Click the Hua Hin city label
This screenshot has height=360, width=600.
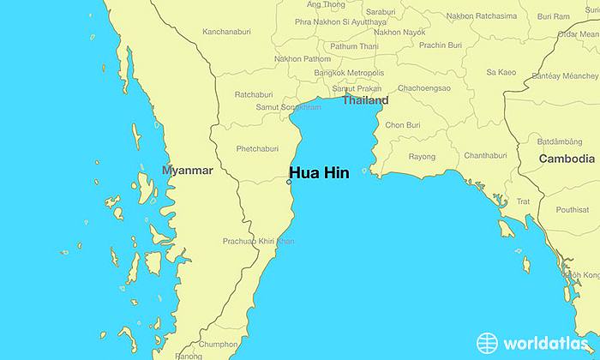pyautogui.click(x=319, y=171)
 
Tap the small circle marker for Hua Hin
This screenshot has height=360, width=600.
pyautogui.click(x=289, y=182)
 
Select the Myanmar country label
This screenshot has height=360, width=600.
pyautogui.click(x=187, y=171)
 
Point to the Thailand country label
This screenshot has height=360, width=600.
pyautogui.click(x=365, y=100)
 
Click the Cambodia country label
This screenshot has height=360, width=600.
pyautogui.click(x=567, y=159)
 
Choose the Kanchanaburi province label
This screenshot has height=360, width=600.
pyautogui.click(x=226, y=32)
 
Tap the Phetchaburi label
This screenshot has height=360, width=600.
pyautogui.click(x=258, y=148)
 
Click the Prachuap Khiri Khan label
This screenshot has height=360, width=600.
pyautogui.click(x=258, y=241)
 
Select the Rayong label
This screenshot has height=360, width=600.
pyautogui.click(x=421, y=157)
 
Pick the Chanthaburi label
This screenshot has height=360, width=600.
pyautogui.click(x=485, y=155)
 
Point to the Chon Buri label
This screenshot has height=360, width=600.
pyautogui.click(x=403, y=125)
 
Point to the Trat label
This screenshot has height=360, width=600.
pyautogui.click(x=523, y=201)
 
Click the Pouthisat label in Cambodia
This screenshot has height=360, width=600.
pyautogui.click(x=572, y=209)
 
